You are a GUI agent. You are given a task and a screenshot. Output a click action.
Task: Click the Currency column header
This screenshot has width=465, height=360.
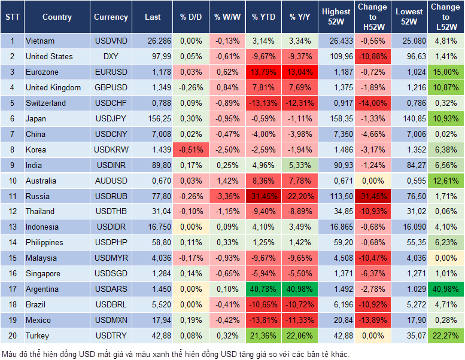tap(111, 17)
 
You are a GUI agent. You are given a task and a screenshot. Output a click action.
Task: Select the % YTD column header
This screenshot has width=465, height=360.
tap(263, 17)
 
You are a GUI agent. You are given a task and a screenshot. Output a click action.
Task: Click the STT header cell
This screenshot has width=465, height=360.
tap(11, 17)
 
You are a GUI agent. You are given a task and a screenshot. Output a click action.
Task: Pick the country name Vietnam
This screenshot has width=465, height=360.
tap(40, 41)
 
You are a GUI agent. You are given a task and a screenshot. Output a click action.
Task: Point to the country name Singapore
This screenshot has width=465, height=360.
tap(42, 274)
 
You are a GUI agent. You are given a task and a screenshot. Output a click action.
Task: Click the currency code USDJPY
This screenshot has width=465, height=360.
tap(111, 119)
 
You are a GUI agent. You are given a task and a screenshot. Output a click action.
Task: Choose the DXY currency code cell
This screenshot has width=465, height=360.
tap(111, 57)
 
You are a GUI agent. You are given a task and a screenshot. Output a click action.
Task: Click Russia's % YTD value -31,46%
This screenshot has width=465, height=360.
tap(263, 196)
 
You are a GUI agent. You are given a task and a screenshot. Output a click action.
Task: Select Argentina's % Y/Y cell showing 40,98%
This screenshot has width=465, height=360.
tap(300, 289)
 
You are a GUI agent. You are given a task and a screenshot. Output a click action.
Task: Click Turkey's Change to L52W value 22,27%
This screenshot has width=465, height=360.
tap(446, 336)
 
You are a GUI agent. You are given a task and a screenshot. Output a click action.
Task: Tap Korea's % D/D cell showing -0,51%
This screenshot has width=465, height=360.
tap(191, 150)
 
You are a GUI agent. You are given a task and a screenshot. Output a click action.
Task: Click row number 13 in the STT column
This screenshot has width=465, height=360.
tap(11, 227)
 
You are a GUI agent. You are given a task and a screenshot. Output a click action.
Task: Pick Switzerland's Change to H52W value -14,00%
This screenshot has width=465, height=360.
tap(372, 103)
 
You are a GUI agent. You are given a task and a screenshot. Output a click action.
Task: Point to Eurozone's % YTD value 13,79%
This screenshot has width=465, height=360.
tap(263, 72)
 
